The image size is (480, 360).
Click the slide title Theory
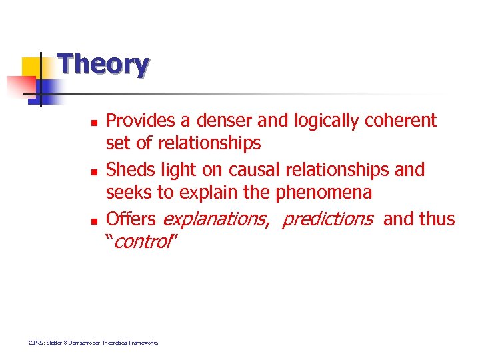103,65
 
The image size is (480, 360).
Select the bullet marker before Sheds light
94,172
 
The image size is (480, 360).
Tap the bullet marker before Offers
94,221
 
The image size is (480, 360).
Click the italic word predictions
327,219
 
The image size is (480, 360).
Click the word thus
437,219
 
